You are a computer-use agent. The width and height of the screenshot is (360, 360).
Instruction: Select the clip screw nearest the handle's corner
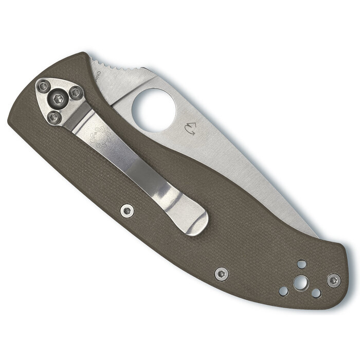click(x=44, y=86)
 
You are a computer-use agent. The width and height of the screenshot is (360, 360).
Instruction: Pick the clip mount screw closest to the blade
click(x=76, y=93)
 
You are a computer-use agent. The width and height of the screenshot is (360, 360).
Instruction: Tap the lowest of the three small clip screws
click(x=53, y=117)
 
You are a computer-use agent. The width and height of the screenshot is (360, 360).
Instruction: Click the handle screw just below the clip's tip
click(x=127, y=210)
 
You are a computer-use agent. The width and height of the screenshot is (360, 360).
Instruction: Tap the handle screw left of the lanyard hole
click(x=221, y=274)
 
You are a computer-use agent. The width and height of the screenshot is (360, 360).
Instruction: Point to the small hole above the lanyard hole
click(x=301, y=264)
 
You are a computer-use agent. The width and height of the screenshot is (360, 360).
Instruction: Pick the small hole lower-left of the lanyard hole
click(x=283, y=291)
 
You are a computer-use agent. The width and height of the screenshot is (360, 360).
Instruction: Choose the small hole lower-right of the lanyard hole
click(x=316, y=293)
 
